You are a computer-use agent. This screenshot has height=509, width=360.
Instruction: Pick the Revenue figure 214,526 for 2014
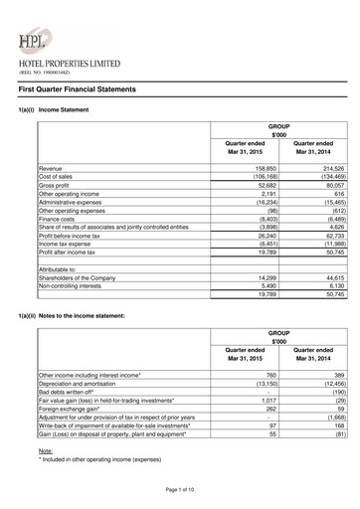pyautogui.click(x=316, y=170)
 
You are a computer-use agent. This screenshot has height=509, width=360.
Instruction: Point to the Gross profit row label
pyautogui.click(x=57, y=184)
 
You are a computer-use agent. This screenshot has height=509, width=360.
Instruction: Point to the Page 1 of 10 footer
pyautogui.click(x=180, y=492)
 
